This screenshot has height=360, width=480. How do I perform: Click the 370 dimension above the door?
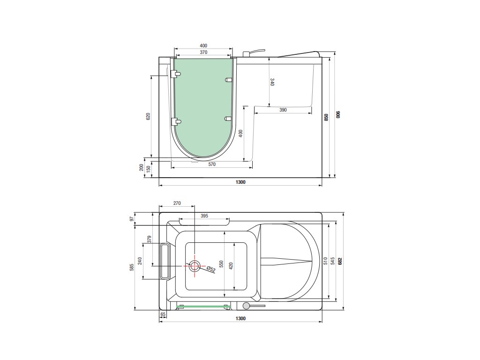(203, 52)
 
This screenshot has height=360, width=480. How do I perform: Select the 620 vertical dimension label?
(148, 116)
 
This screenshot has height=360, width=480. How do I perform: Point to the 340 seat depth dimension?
(272, 82)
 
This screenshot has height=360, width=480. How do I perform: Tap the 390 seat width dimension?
(283, 110)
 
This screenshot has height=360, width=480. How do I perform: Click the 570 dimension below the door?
(212, 165)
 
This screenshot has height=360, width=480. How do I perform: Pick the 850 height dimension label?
(326, 117)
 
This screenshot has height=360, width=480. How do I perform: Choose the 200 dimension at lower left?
(142, 167)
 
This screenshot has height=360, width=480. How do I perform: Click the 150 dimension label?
(149, 169)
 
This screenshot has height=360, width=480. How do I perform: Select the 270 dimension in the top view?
(177, 203)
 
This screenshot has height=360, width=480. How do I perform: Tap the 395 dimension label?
(204, 216)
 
